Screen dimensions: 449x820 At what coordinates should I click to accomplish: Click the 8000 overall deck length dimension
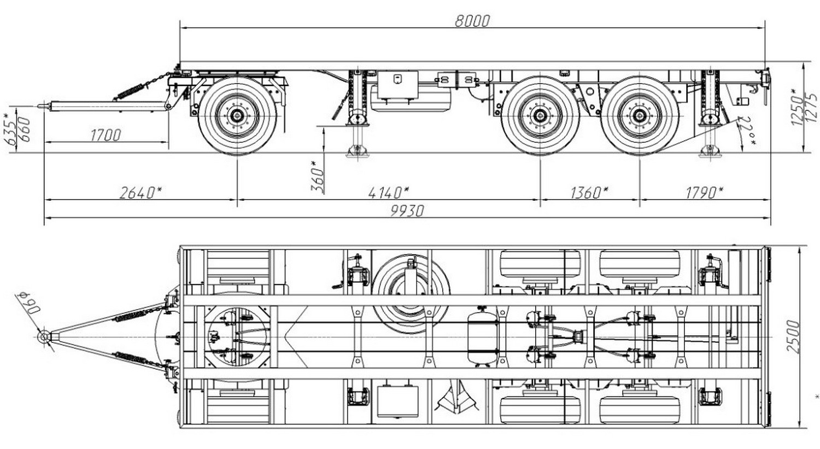pos(472,21)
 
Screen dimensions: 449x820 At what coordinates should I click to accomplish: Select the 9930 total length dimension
pos(407,211)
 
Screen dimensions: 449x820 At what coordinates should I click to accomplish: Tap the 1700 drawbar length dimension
pos(105,135)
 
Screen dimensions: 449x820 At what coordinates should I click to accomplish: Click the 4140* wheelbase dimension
pos(388,193)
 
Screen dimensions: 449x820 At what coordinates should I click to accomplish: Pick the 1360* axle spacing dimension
pos(589,193)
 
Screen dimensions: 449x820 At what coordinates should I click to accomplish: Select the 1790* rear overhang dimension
pos(704,193)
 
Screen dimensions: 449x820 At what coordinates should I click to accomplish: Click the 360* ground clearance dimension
pos(317,177)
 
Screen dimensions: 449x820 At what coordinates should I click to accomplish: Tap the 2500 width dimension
pos(792,336)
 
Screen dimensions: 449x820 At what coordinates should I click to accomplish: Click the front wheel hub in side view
pos(237,115)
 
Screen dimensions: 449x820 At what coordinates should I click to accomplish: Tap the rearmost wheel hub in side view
pos(640,115)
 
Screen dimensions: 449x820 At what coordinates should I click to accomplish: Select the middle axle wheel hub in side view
pos(540,115)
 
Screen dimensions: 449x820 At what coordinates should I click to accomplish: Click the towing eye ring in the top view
pos(44,336)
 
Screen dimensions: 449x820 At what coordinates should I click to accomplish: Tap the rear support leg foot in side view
pos(710,152)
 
